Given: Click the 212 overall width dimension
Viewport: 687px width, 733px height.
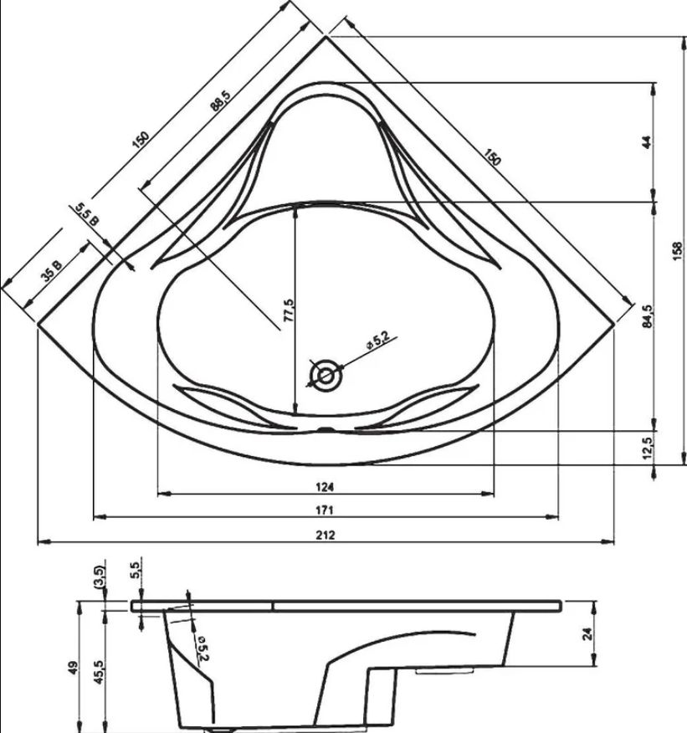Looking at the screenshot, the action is pos(326,535).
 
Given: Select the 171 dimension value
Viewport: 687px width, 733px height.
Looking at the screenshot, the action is pos(325,510).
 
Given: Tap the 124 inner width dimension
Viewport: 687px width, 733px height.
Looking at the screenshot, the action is pos(325,487).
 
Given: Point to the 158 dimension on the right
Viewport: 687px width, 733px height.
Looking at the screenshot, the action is pos(678,251).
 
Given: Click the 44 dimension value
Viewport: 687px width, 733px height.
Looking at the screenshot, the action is pos(647,142).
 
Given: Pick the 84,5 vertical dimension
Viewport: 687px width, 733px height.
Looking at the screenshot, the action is pos(648,316).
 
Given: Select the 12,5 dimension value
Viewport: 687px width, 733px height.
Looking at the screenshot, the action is pos(648,447).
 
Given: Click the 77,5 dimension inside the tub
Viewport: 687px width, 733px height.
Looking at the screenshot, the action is pos(289,310).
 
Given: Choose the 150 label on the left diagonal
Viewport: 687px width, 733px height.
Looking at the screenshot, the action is pos(141,139).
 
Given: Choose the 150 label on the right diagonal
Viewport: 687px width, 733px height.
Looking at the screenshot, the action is pos(492,157).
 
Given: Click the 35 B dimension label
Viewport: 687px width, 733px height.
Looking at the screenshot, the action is pos(51,271).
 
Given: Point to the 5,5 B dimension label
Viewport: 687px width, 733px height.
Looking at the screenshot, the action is pos(87,214).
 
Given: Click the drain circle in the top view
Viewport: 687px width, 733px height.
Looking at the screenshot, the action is pos(326,376).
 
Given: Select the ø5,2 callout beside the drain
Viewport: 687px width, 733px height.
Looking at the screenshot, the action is pos(377,340).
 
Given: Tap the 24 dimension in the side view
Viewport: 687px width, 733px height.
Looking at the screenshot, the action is pos(588,634).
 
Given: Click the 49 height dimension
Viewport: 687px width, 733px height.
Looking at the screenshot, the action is pos(72,666).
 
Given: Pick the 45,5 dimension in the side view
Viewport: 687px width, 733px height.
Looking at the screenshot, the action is pos(99,672).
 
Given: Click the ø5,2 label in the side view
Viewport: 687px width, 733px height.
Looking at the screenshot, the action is pos(203,648).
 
